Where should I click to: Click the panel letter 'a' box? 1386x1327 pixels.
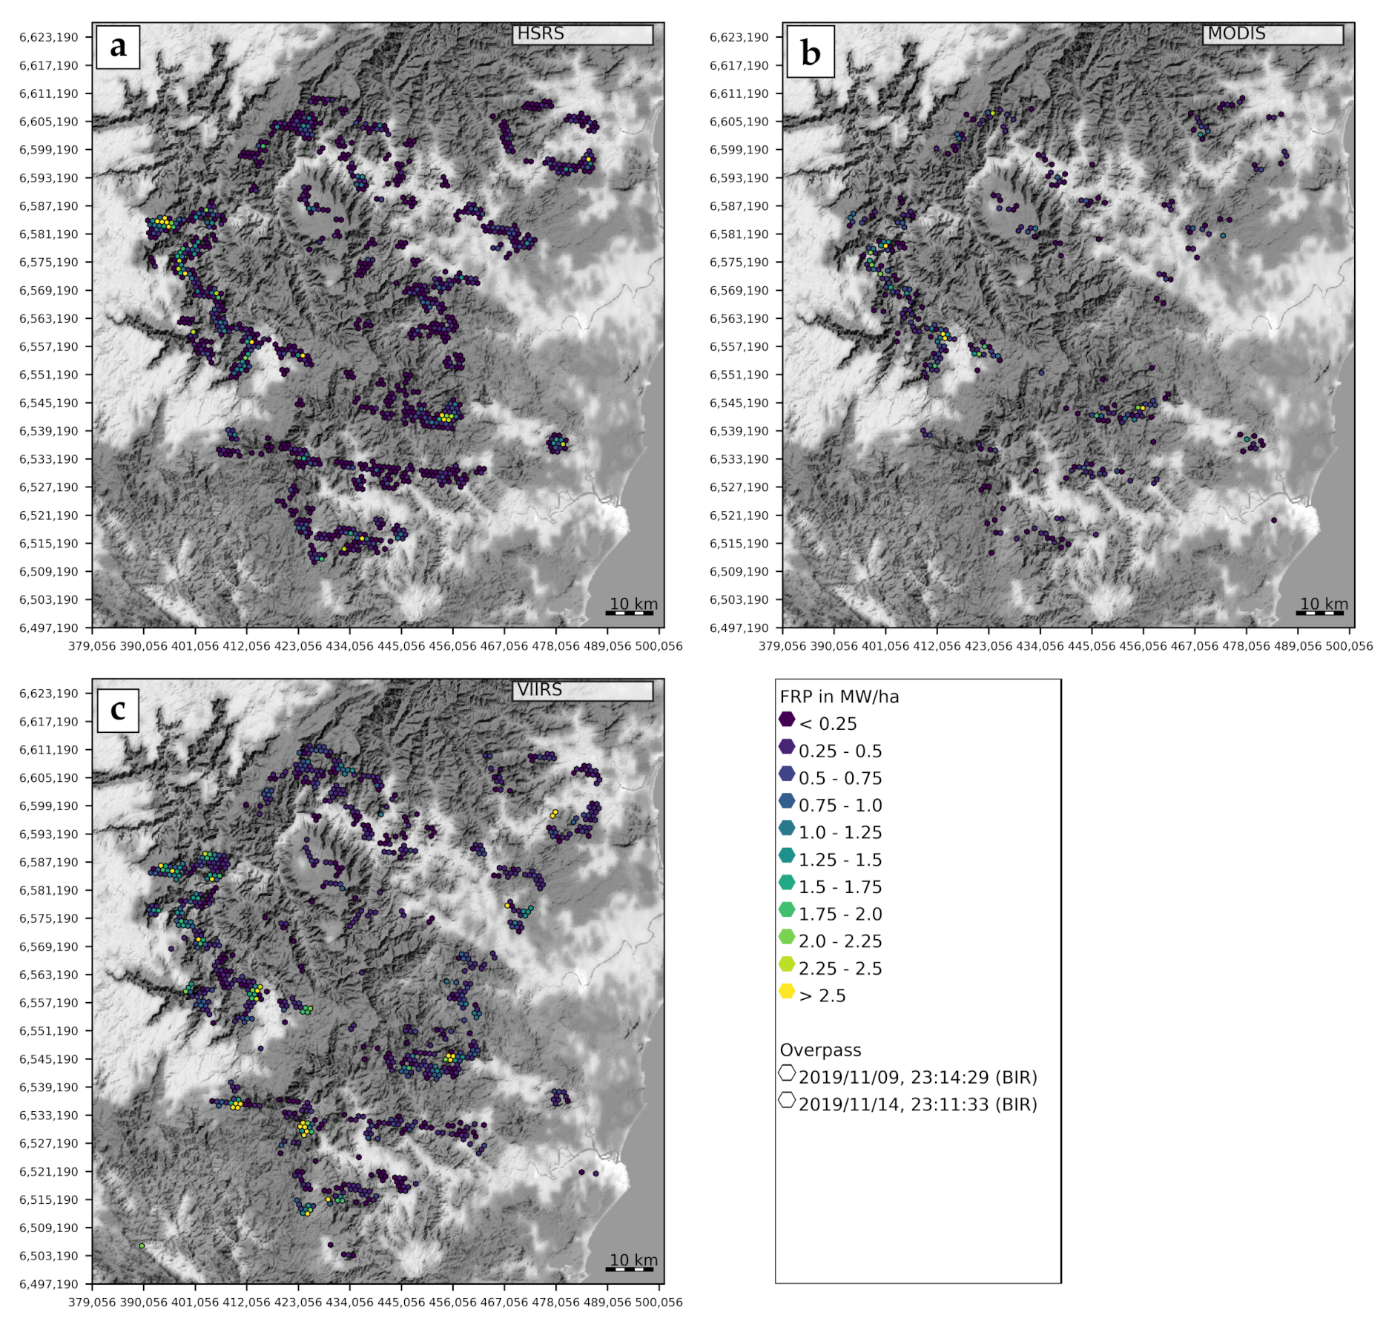coord(118,47)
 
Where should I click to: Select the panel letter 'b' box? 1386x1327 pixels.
coord(811,52)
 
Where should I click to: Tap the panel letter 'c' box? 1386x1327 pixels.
coord(118,710)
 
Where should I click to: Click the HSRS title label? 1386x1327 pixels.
coord(541,34)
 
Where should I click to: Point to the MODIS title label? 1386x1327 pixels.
coord(1236,34)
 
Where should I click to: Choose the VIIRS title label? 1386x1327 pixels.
coord(540,690)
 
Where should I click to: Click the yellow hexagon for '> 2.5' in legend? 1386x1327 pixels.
coord(787,992)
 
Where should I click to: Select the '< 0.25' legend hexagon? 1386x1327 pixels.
coord(787,720)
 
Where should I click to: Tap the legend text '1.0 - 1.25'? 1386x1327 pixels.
coord(840,833)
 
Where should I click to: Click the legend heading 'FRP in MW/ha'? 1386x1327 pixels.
coord(839,697)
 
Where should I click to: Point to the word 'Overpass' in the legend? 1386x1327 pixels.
coord(820,1050)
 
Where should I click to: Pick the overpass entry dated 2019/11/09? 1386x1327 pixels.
coord(917,1078)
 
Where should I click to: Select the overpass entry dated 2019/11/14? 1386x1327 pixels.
coord(917,1104)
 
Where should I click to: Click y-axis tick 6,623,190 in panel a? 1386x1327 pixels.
coord(49,37)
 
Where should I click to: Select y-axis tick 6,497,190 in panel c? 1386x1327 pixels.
coord(49,1284)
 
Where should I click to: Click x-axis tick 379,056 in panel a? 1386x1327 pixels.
coord(92,646)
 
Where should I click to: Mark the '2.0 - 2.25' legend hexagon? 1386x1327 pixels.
coord(787,938)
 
